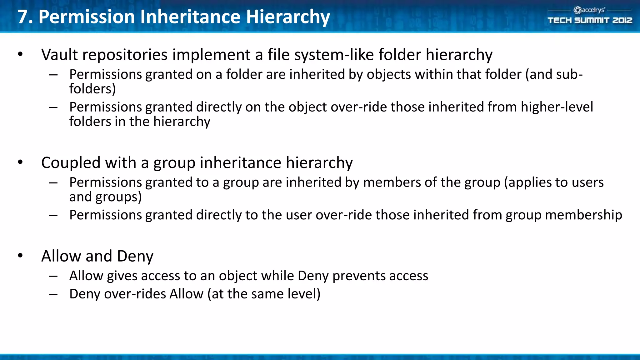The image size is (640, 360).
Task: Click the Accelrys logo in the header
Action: pos(589,10)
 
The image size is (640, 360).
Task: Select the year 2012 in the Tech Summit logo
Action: pos(622,20)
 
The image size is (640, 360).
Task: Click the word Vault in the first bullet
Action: pos(59,55)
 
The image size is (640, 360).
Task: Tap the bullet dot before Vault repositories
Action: pos(20,54)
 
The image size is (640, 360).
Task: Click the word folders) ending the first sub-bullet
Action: pos(92,89)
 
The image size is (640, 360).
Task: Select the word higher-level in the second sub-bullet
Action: pos(557,107)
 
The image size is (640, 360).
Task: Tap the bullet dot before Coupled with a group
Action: pos(20,162)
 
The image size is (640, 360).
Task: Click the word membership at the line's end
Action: pos(583,215)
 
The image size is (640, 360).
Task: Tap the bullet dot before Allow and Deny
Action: pos(20,256)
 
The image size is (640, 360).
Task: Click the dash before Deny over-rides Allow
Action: pos(53,294)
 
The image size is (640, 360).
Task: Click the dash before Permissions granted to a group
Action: pos(53,183)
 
